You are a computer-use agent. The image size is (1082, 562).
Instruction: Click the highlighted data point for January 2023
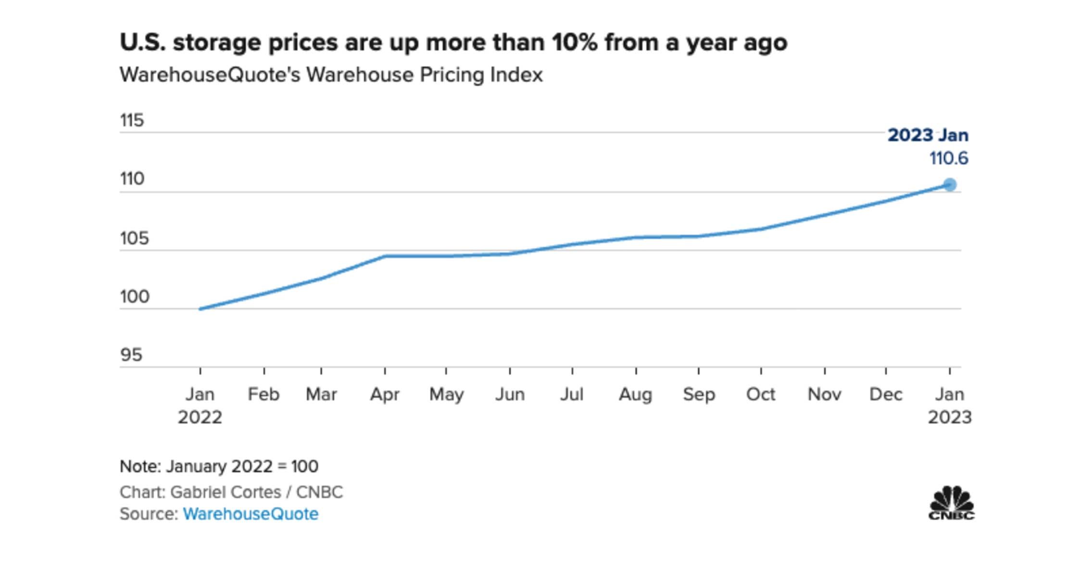(x=949, y=184)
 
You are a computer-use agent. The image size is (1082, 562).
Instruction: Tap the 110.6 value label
(x=948, y=159)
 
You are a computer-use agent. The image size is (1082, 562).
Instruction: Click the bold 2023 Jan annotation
(x=928, y=135)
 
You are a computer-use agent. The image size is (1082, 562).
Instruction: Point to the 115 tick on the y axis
(x=132, y=120)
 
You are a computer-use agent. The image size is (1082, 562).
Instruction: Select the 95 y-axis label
(x=131, y=355)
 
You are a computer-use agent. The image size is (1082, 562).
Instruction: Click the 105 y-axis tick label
(x=134, y=238)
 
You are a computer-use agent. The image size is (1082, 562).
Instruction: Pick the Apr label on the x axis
(x=384, y=394)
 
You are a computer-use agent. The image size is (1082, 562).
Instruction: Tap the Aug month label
(x=635, y=394)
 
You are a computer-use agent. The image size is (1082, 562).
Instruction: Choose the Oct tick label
(x=760, y=394)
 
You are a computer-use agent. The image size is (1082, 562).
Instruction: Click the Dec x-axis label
(x=886, y=394)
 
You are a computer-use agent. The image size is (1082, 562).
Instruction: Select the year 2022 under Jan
(x=200, y=417)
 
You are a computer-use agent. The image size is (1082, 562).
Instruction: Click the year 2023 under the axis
(x=949, y=417)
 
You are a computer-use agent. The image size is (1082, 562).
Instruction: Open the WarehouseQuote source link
(x=251, y=514)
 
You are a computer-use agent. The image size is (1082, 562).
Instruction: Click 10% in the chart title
(x=574, y=42)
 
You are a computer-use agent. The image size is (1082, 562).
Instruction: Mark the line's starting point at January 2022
(x=201, y=308)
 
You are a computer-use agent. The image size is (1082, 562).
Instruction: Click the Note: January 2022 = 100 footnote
(x=219, y=466)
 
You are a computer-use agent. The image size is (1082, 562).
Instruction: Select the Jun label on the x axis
(x=510, y=394)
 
